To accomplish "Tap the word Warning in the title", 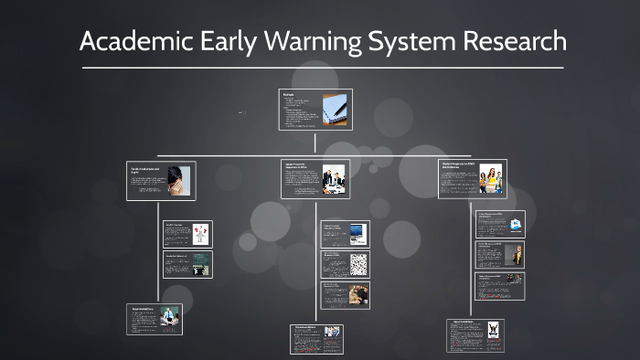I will (x=304, y=41).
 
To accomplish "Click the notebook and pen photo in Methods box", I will (x=335, y=109).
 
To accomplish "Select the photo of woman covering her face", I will (x=178, y=178).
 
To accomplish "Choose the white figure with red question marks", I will (x=199, y=233).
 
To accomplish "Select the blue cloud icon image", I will (x=516, y=224).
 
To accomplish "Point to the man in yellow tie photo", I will (x=517, y=255).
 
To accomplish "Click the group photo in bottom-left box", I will (x=170, y=318).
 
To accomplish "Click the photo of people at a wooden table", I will (x=358, y=294).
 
